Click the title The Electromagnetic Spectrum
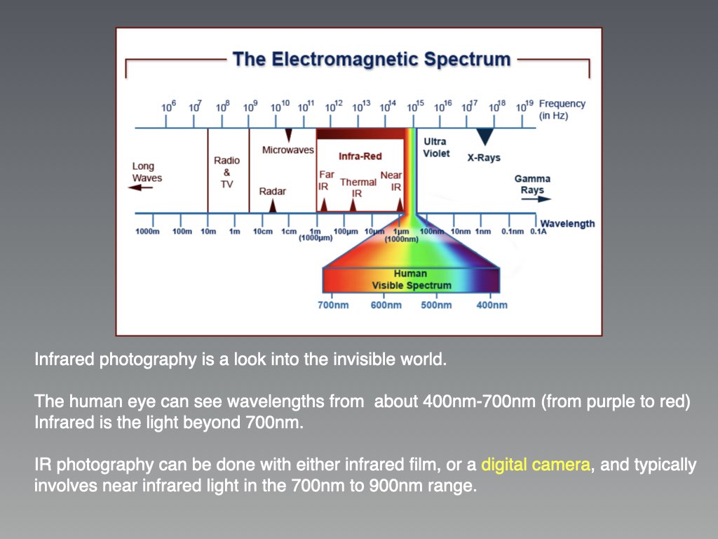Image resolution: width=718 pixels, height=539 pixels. click(372, 60)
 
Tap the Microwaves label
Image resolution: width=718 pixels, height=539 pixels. click(288, 150)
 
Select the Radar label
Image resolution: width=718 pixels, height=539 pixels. click(273, 191)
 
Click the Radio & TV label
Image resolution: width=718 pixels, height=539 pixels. click(226, 173)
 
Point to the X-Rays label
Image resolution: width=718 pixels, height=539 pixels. click(484, 158)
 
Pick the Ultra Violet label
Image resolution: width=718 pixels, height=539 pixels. click(436, 147)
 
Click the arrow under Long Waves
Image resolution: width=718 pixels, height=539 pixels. click(140, 187)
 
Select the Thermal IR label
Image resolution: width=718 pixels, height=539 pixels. click(358, 188)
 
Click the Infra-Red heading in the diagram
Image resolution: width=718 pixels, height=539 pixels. click(360, 157)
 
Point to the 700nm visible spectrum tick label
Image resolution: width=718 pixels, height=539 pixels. click(333, 305)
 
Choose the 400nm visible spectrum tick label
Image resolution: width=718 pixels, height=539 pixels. click(492, 305)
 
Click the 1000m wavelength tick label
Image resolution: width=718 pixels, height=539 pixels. click(147, 232)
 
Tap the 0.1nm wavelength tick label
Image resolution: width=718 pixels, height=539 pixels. click(513, 232)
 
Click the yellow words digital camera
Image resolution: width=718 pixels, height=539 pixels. click(535, 465)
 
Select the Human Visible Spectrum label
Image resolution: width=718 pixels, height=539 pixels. click(411, 279)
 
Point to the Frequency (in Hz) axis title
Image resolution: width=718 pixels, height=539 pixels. click(562, 109)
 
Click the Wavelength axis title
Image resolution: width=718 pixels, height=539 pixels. click(567, 224)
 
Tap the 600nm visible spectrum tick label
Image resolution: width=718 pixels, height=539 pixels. click(386, 305)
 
